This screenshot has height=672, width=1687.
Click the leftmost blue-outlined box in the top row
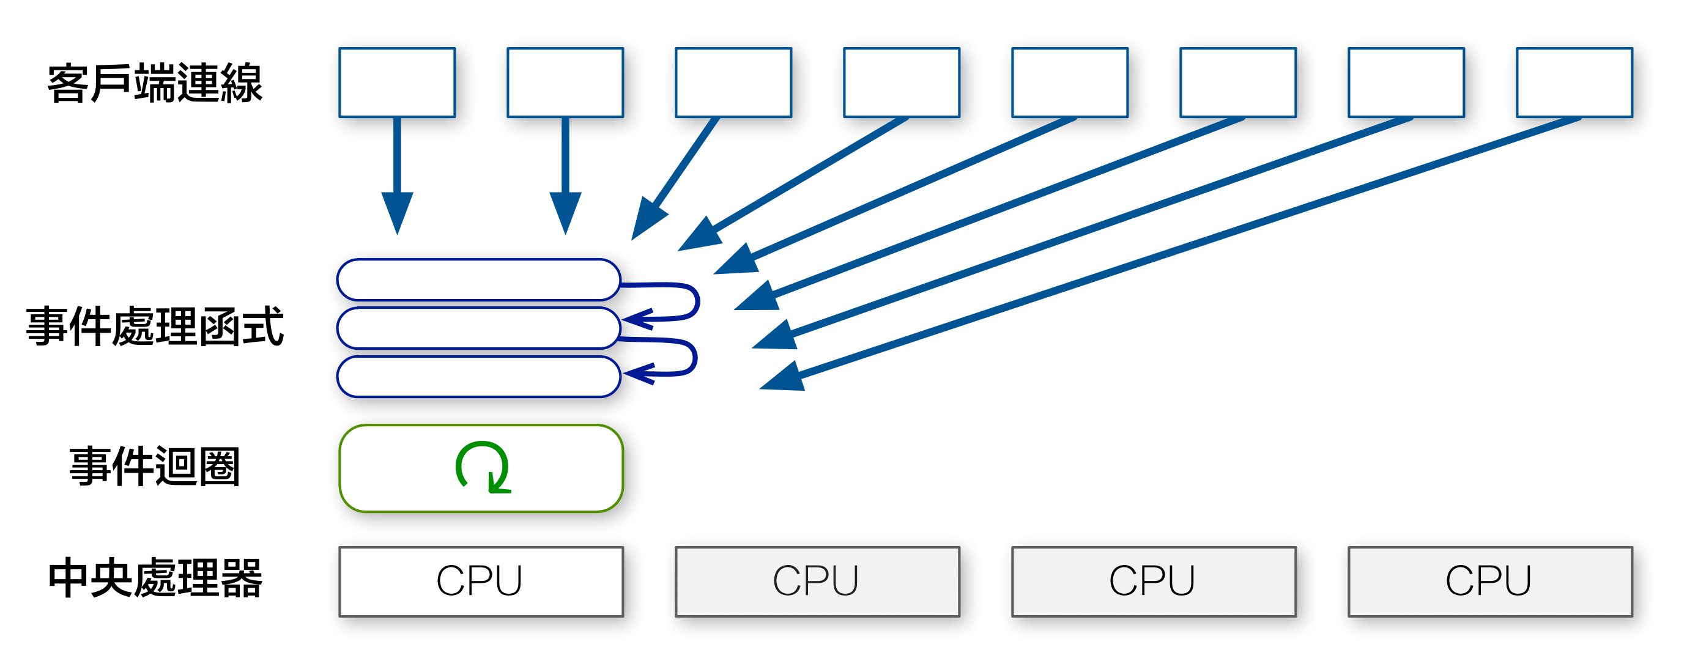pyautogui.click(x=397, y=83)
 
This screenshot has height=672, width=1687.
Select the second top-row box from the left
pyautogui.click(x=565, y=83)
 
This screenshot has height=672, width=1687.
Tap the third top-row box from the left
pyautogui.click(x=733, y=83)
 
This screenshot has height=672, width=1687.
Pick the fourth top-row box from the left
pyautogui.click(x=902, y=83)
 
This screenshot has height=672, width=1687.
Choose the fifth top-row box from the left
pyautogui.click(x=1070, y=83)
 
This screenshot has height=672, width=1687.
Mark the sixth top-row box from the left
pyautogui.click(x=1239, y=83)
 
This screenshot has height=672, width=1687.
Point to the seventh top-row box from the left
pyautogui.click(x=1407, y=83)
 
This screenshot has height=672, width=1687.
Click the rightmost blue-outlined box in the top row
pyautogui.click(x=1575, y=83)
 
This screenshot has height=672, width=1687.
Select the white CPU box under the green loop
pyautogui.click(x=481, y=582)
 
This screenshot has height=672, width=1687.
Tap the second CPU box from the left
pyautogui.click(x=817, y=582)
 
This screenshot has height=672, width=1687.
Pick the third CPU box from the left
pyautogui.click(x=1153, y=582)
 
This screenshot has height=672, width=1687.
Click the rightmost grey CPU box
pyautogui.click(x=1490, y=582)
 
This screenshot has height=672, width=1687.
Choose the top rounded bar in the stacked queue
pyautogui.click(x=478, y=279)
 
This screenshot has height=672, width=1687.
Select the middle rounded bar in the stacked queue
pyautogui.click(x=478, y=328)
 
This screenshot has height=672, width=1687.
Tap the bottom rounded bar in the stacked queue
pyautogui.click(x=478, y=377)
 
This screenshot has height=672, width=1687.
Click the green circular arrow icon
pyautogui.click(x=483, y=467)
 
